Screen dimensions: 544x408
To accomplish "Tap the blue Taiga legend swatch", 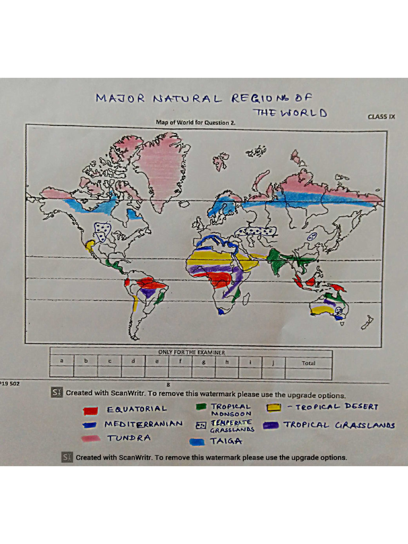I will pyautogui.click(x=198, y=441).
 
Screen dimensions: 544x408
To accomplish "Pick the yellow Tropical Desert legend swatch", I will pyautogui.click(x=275, y=407).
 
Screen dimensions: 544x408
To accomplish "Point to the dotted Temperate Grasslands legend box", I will pyautogui.click(x=200, y=425).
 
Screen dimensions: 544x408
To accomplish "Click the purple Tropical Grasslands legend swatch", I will pyautogui.click(x=275, y=425).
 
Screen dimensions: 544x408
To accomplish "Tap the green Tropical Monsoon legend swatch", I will pyautogui.click(x=201, y=407).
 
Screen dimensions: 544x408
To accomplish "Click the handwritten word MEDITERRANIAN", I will pyautogui.click(x=143, y=424).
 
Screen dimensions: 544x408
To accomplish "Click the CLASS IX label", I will pyautogui.click(x=381, y=116).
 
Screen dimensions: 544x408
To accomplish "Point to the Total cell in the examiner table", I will pyautogui.click(x=308, y=363).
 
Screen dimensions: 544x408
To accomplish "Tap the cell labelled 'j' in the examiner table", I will pyautogui.click(x=273, y=363).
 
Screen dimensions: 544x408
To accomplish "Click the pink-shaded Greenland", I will pyautogui.click(x=163, y=165).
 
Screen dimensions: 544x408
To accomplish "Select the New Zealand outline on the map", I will pyautogui.click(x=367, y=321).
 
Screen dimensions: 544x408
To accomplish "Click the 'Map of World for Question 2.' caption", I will pyautogui.click(x=195, y=123).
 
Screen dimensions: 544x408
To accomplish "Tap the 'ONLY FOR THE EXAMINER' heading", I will pyautogui.click(x=191, y=352).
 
